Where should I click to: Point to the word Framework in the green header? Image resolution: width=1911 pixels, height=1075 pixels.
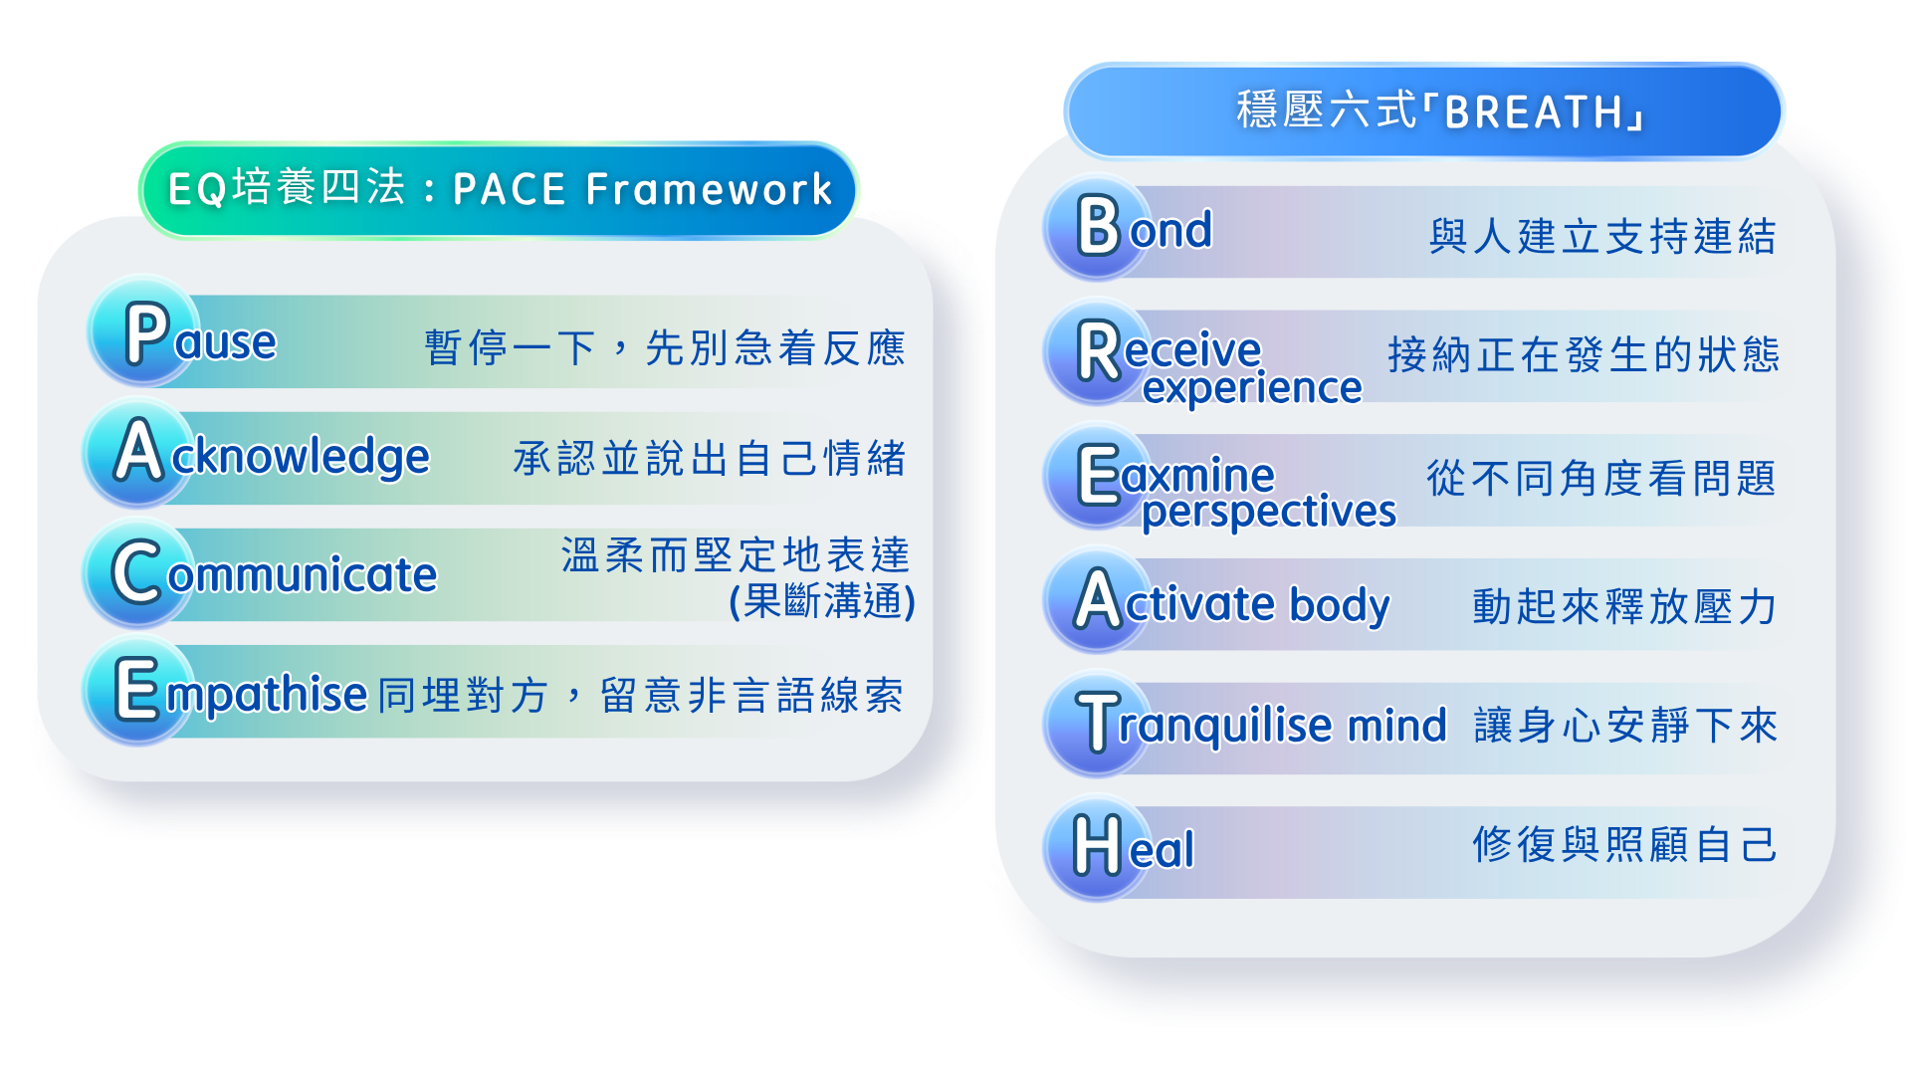pyautogui.click(x=709, y=189)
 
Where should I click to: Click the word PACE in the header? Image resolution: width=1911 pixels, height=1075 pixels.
pyautogui.click(x=509, y=189)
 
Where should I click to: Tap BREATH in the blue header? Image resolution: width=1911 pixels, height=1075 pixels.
pyautogui.click(x=1534, y=112)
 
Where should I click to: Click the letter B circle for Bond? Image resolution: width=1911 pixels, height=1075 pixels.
pyautogui.click(x=1098, y=227)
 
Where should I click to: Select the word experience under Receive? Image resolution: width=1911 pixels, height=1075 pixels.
pyautogui.click(x=1251, y=388)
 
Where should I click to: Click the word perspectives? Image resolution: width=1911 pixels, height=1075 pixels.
pyautogui.click(x=1268, y=513)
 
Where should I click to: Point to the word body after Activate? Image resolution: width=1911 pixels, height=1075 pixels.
pyautogui.click(x=1339, y=604)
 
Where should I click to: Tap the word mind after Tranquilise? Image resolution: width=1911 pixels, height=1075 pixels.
pyautogui.click(x=1396, y=726)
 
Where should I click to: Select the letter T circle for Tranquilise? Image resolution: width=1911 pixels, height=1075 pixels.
pyautogui.click(x=1098, y=724)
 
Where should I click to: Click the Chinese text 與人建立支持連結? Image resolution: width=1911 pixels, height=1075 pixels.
pyautogui.click(x=1602, y=237)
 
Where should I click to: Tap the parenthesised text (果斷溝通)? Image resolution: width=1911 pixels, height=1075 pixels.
pyautogui.click(x=822, y=600)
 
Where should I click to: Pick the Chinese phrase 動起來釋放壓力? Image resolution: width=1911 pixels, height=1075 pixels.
pyautogui.click(x=1624, y=606)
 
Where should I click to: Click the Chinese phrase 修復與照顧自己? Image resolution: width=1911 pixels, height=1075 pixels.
pyautogui.click(x=1624, y=845)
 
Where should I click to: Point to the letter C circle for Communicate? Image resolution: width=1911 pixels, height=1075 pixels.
pyautogui.click(x=138, y=571)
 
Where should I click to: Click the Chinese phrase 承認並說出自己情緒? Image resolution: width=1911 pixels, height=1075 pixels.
pyautogui.click(x=709, y=459)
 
